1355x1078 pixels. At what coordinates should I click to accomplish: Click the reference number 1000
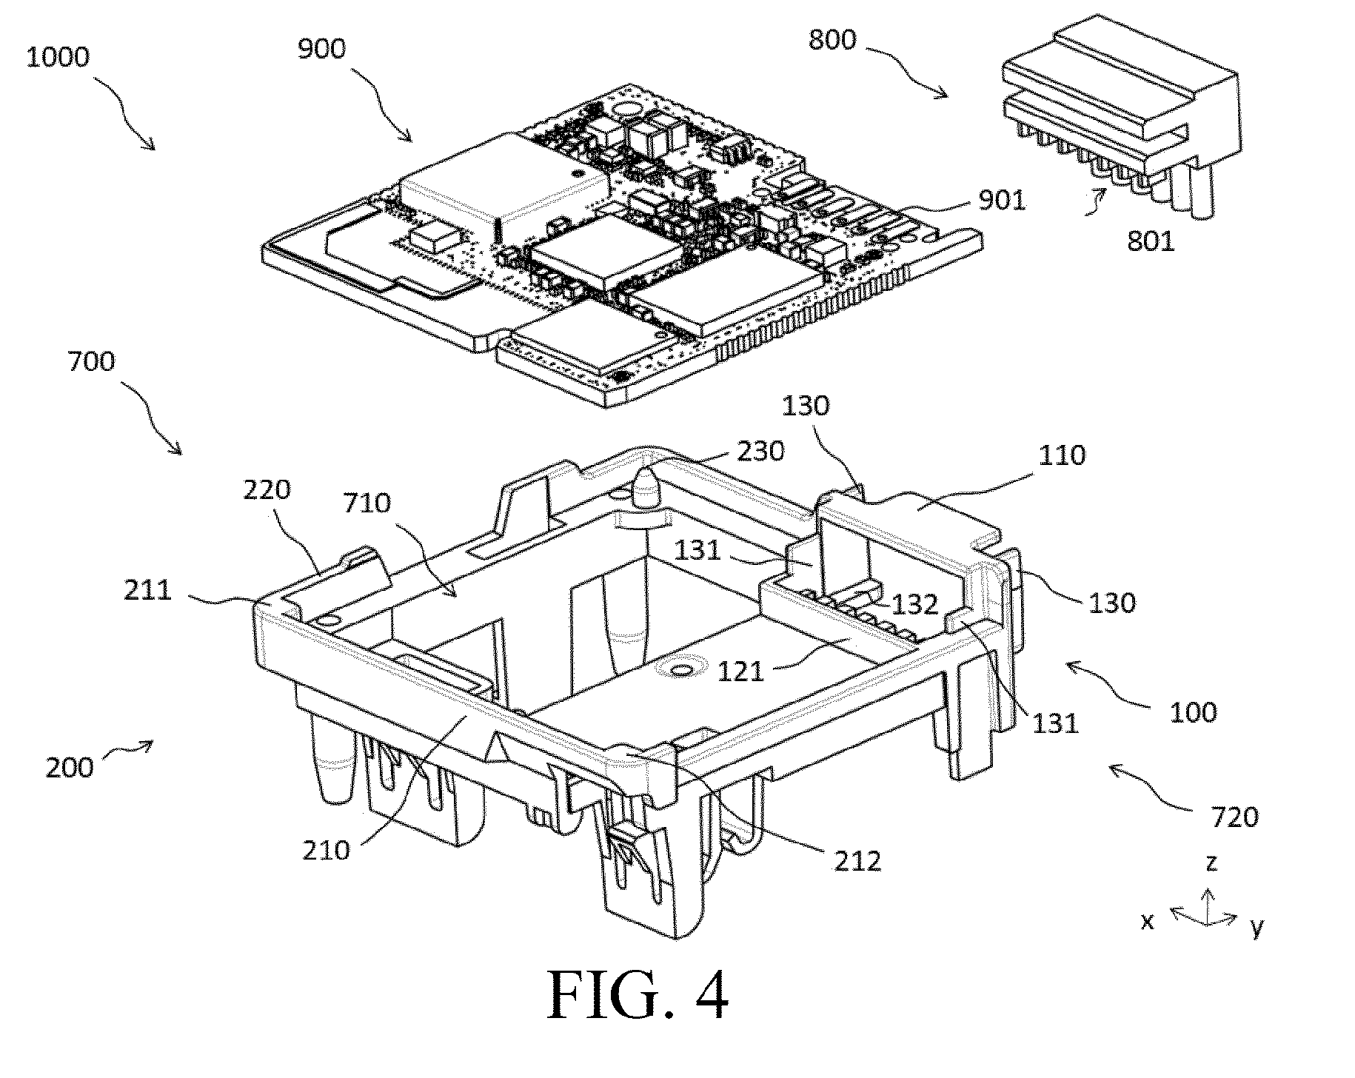(x=57, y=57)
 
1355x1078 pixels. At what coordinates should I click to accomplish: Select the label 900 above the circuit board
(x=322, y=49)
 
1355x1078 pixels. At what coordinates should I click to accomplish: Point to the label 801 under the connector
(x=1151, y=241)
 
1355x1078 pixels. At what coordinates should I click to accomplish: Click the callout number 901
(x=1002, y=199)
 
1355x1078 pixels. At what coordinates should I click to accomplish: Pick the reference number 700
(x=91, y=362)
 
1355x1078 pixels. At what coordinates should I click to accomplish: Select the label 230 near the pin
(x=760, y=451)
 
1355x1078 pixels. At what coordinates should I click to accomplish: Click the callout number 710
(x=367, y=503)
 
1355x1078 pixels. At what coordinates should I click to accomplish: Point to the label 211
(x=148, y=590)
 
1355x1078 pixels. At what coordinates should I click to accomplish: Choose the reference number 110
(x=1062, y=455)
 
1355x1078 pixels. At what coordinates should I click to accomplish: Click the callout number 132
(x=916, y=605)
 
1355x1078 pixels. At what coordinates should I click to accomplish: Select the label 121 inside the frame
(x=740, y=672)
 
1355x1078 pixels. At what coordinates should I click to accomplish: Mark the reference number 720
(x=1234, y=817)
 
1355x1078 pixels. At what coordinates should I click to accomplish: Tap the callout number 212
(x=857, y=860)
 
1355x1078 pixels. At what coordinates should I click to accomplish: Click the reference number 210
(x=326, y=849)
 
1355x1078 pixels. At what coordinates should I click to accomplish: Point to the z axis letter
(x=1211, y=863)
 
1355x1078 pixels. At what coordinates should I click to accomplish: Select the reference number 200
(x=70, y=767)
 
